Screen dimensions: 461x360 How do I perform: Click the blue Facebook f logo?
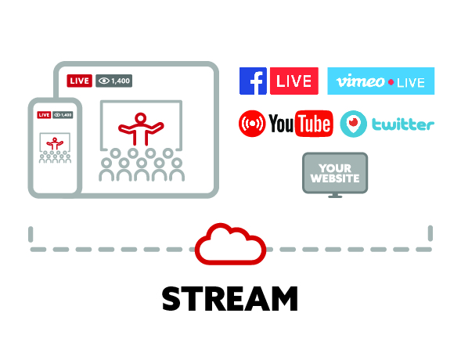[253, 81]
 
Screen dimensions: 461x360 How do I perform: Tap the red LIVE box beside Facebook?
[294, 81]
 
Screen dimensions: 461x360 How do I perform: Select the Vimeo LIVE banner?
[380, 81]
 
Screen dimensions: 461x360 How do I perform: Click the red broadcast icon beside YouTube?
[252, 124]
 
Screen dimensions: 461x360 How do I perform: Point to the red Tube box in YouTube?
[314, 124]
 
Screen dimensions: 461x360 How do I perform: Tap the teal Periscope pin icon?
[354, 124]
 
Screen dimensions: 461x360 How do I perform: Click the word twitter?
[403, 124]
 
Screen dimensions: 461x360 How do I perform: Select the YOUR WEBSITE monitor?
[335, 173]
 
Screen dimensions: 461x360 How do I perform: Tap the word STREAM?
[230, 299]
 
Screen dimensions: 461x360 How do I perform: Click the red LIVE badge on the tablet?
[79, 81]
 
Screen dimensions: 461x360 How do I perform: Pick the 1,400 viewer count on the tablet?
[114, 81]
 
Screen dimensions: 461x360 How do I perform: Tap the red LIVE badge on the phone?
[44, 114]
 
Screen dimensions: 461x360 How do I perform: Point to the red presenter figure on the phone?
[55, 144]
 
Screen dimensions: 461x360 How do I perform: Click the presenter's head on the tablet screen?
[141, 118]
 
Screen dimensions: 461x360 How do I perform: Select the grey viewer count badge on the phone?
[63, 114]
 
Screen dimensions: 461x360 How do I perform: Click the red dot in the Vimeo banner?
[391, 82]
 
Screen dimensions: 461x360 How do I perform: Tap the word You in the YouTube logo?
[281, 124]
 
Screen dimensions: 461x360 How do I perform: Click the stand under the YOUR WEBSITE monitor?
[335, 195]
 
